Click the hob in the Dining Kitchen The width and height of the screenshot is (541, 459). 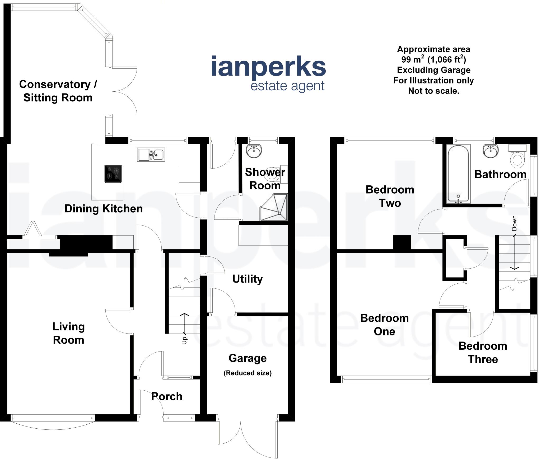click(x=113, y=174)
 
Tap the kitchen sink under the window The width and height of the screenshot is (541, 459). click(x=151, y=154)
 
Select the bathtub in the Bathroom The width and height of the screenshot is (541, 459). click(x=458, y=174)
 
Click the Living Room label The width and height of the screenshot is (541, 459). click(x=68, y=333)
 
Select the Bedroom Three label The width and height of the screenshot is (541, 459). click(x=483, y=352)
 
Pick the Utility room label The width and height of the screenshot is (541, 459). click(x=248, y=279)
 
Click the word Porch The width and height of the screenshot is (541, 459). click(x=167, y=396)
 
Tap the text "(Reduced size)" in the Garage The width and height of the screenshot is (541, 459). click(x=248, y=373)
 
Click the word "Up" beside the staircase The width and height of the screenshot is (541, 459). click(x=184, y=340)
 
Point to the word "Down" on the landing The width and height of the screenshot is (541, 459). click(x=514, y=223)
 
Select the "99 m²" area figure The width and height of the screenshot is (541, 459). click(x=413, y=59)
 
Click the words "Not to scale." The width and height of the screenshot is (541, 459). click(x=433, y=91)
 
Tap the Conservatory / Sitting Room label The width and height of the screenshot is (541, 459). click(x=58, y=91)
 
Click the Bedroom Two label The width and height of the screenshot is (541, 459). click(x=390, y=196)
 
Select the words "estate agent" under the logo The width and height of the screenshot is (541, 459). click(x=287, y=86)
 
